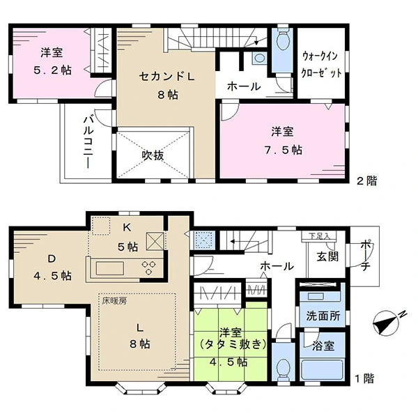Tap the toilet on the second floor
point(283,40)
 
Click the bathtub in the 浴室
point(322,369)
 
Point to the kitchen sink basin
point(110,268)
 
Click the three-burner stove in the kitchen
point(149,268)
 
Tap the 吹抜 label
point(153,155)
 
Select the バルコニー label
point(88,142)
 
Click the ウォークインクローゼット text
point(321,65)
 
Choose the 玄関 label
point(327,256)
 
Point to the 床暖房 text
point(114,301)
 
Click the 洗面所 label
point(323,316)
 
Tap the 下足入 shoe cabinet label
point(319,236)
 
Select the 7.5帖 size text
point(284,150)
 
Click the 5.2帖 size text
point(52,70)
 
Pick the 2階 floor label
point(367,181)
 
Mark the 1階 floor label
point(364,378)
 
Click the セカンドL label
point(167,77)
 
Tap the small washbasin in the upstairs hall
point(259,58)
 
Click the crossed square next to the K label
point(155,241)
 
